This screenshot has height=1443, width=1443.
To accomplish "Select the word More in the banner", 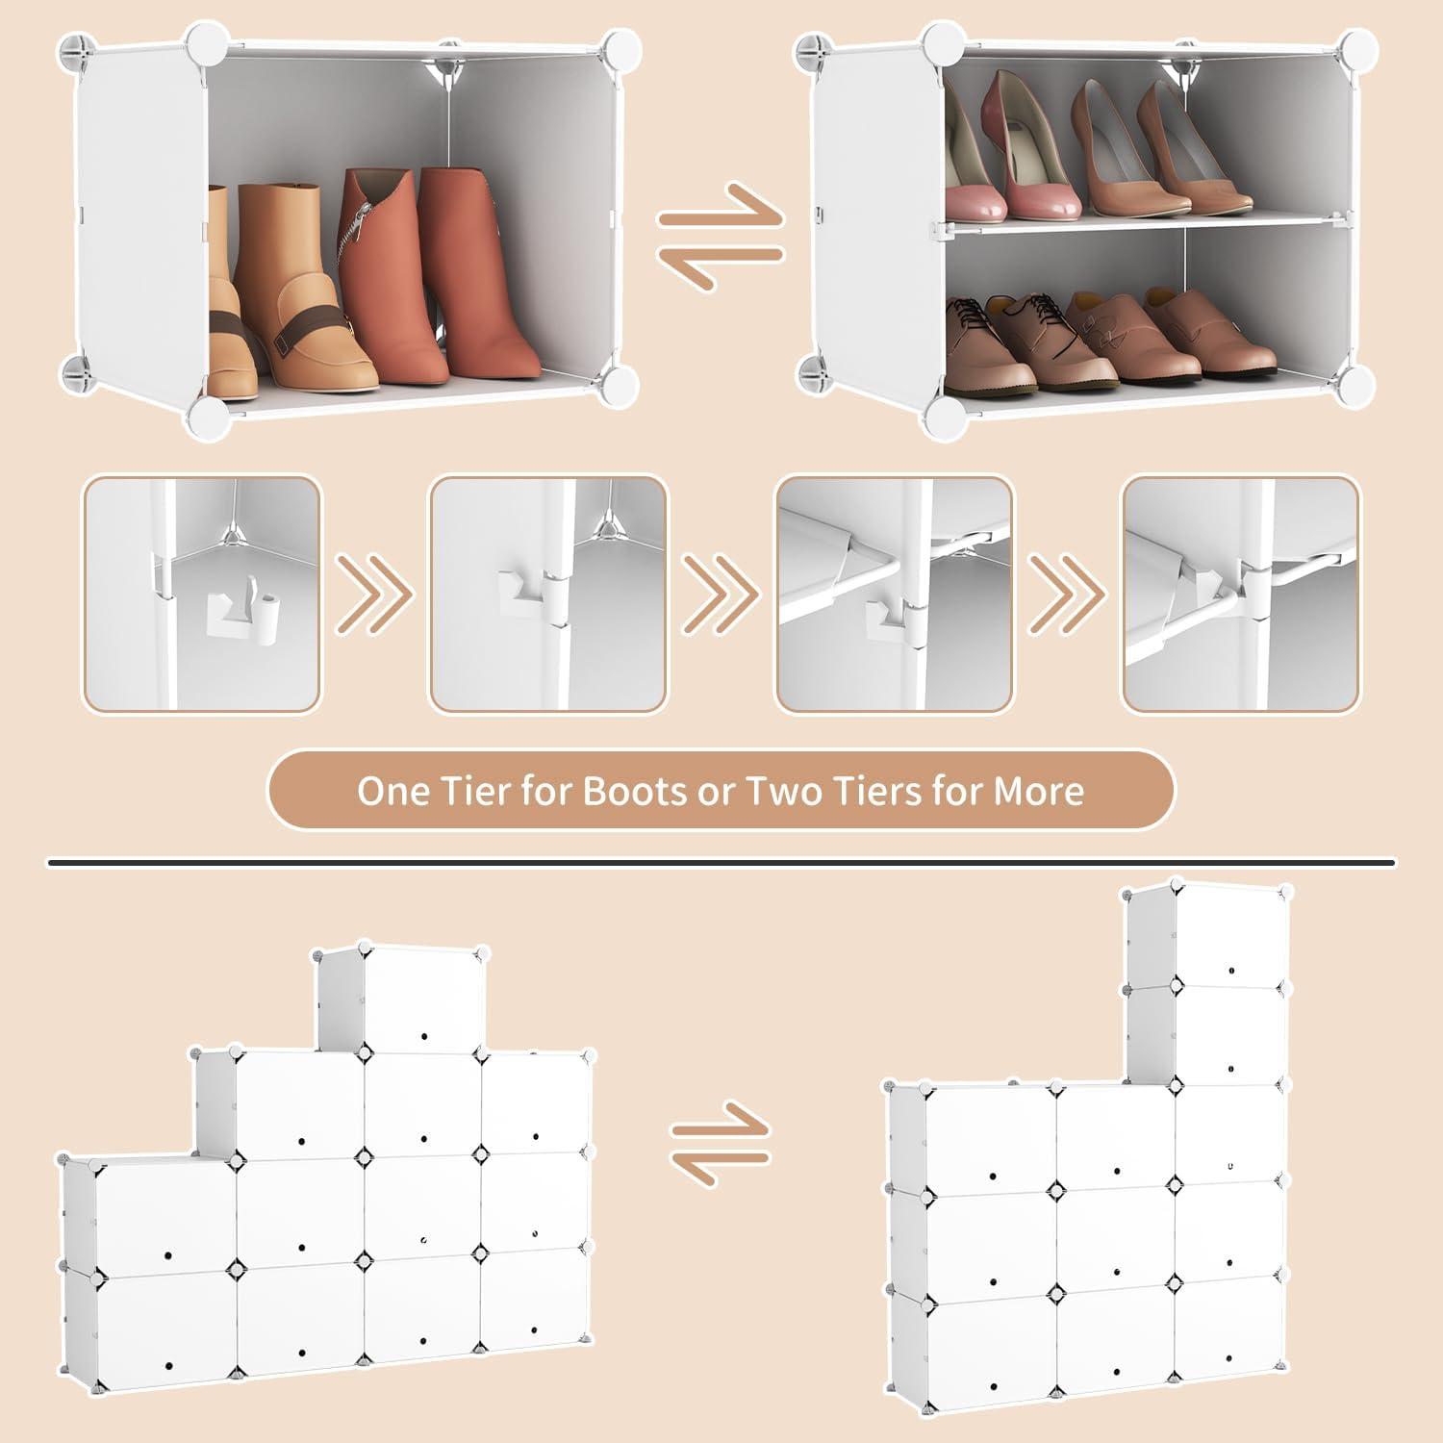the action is [1039, 791].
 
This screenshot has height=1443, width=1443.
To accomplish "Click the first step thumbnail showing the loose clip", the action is [202, 595].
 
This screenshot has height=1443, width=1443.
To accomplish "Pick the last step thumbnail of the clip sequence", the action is [1241, 595].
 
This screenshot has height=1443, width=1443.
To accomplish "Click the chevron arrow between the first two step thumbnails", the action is [375, 595].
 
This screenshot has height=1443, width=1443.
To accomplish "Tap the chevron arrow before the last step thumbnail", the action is [1068, 595].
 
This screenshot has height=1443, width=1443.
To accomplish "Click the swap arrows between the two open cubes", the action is [721, 237].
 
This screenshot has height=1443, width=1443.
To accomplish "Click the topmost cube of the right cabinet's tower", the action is [1208, 935].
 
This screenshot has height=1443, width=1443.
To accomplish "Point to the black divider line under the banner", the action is [721, 863].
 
